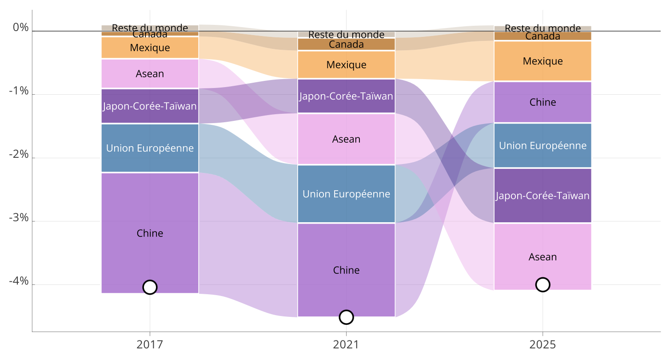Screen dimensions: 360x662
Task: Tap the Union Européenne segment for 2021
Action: pyautogui.click(x=346, y=194)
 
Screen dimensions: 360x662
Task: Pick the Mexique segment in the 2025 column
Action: pyautogui.click(x=542, y=61)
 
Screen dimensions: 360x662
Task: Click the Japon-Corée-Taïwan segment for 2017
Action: pyautogui.click(x=150, y=106)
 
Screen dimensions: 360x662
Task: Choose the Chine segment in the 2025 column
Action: pyautogui.click(x=542, y=102)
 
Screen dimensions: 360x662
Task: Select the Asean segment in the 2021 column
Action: pyautogui.click(x=346, y=139)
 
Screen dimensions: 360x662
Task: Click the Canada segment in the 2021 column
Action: pyautogui.click(x=346, y=44)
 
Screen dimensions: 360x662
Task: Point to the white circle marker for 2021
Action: pyautogui.click(x=346, y=317)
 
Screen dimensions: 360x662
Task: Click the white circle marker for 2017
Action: pyautogui.click(x=150, y=287)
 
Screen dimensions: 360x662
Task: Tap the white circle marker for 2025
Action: pyautogui.click(x=542, y=284)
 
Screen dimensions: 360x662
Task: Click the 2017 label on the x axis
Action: pyautogui.click(x=150, y=344)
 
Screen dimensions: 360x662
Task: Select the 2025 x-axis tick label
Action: pyautogui.click(x=542, y=344)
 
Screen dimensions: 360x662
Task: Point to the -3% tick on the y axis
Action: pyautogui.click(x=19, y=218)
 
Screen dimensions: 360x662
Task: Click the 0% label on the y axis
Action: pyautogui.click(x=21, y=28)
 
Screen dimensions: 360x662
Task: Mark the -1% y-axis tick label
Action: pyautogui.click(x=19, y=92)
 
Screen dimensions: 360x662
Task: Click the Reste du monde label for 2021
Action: pyautogui.click(x=346, y=34)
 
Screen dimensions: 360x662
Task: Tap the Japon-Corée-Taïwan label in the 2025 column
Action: pyautogui.click(x=542, y=196)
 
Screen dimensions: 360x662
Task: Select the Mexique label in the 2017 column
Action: pyautogui.click(x=150, y=48)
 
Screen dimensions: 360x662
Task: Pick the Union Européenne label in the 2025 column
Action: pyautogui.click(x=542, y=145)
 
